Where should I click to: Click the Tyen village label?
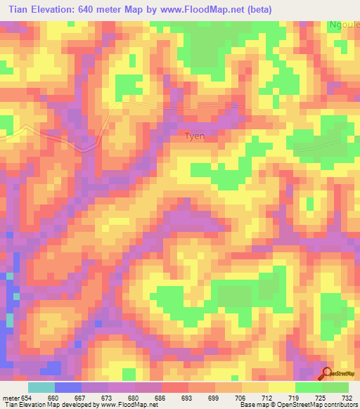[x=194, y=136]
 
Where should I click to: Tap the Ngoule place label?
[x=344, y=25]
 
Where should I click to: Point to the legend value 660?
[x=53, y=397]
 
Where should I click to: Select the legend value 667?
[x=81, y=397]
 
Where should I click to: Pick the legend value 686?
[x=160, y=397]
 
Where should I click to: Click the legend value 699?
[x=214, y=397]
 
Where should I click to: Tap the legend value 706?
[x=240, y=397]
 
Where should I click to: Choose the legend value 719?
[x=294, y=397]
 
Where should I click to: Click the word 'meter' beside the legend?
[x=11, y=397]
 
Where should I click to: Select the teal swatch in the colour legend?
[x=41, y=387]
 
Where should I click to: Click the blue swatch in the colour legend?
[x=67, y=387]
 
